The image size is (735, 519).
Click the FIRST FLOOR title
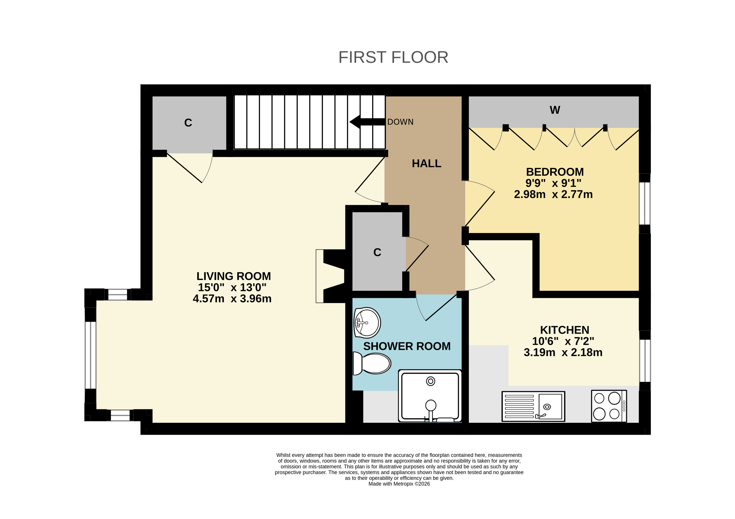point(393,57)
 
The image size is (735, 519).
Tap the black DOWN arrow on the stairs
point(367,122)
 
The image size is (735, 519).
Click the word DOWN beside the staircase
point(400,122)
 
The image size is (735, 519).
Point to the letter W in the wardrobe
point(555,110)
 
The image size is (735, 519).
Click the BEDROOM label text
point(555,172)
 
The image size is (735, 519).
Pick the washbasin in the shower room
point(367,323)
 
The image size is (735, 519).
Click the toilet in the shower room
point(372,363)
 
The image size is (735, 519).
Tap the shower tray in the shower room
point(430,396)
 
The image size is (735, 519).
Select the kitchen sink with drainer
point(533,406)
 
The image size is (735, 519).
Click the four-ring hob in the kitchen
point(609,406)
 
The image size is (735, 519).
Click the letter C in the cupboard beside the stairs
point(188,123)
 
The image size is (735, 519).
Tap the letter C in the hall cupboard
point(377,252)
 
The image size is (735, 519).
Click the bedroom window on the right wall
point(645,203)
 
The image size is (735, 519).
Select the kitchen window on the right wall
point(645,361)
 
